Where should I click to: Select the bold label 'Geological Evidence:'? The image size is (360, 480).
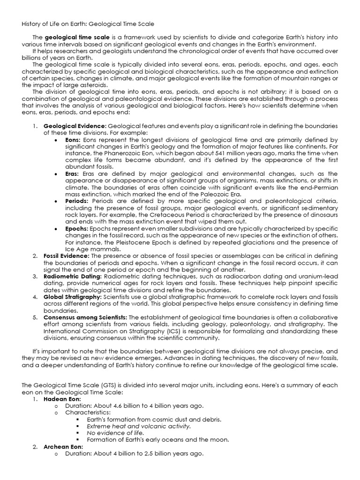coord(75,126)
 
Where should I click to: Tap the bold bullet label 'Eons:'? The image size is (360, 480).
coord(73,140)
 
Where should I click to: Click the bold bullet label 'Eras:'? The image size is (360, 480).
coord(72,173)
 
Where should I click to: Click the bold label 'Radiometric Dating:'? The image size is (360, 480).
coord(73,277)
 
